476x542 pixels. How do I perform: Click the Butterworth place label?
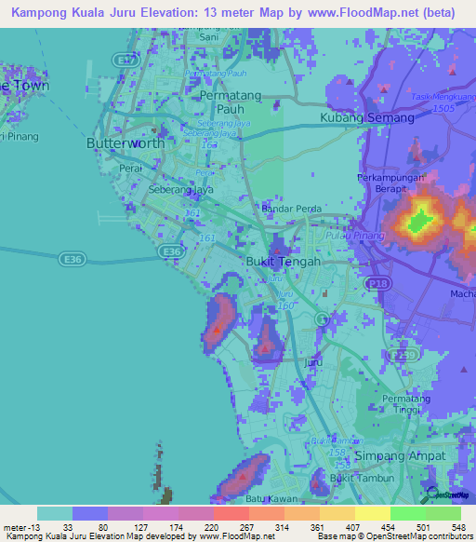pyautogui.click(x=125, y=143)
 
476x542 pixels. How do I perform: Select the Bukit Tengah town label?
pyautogui.click(x=283, y=263)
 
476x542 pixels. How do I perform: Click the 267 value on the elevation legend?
pyautogui.click(x=247, y=528)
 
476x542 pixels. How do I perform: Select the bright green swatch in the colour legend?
pyautogui.click(x=407, y=513)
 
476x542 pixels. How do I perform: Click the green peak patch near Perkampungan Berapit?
pyautogui.click(x=421, y=221)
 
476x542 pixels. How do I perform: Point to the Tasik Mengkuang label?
pyautogui.click(x=444, y=96)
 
